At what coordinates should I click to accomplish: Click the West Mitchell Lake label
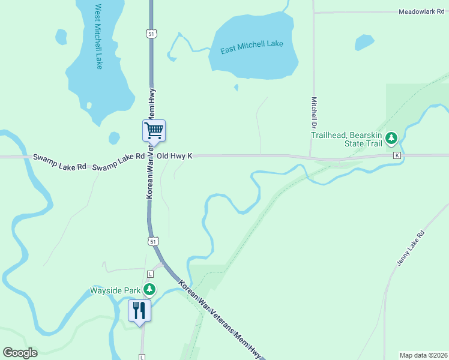click(x=98, y=37)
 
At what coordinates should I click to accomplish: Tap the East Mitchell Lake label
click(x=252, y=47)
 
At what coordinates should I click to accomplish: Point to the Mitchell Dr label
click(x=313, y=114)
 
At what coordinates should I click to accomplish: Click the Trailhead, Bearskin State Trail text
click(x=346, y=139)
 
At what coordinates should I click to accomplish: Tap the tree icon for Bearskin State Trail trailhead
click(x=391, y=139)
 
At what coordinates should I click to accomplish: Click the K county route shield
click(x=397, y=155)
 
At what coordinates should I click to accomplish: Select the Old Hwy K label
click(x=174, y=156)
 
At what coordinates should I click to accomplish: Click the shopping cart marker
click(x=154, y=130)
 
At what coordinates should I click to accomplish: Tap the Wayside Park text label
click(x=115, y=290)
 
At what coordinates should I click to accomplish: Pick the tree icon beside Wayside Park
click(x=149, y=290)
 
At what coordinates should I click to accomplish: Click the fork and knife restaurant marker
click(x=139, y=310)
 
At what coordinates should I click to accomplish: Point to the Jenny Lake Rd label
click(x=411, y=248)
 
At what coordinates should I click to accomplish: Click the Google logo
click(x=20, y=353)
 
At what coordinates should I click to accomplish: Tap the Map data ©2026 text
click(x=423, y=355)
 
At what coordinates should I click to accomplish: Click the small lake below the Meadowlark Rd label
click(x=364, y=42)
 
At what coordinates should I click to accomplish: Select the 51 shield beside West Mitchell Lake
click(x=154, y=34)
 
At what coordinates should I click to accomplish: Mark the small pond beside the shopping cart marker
click(x=114, y=138)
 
